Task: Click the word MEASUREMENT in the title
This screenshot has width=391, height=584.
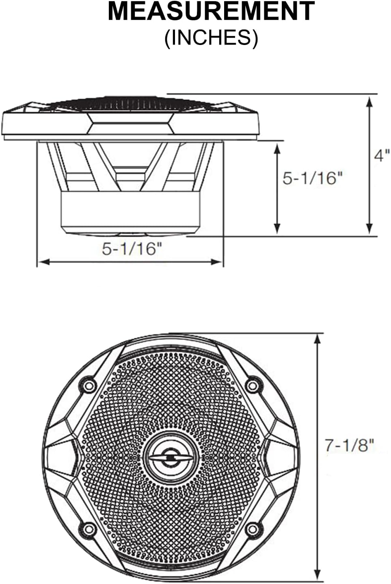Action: tap(211, 11)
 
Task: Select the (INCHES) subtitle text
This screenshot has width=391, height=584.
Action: tap(211, 39)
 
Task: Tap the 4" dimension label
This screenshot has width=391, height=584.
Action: tap(382, 155)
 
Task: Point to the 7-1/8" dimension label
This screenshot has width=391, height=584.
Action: tap(349, 445)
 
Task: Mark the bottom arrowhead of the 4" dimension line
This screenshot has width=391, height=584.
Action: tap(369, 229)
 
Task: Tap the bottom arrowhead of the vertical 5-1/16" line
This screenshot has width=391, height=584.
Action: tap(277, 229)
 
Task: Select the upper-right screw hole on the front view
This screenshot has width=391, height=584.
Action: tap(253, 385)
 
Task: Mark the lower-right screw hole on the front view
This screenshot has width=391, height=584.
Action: tap(253, 528)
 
